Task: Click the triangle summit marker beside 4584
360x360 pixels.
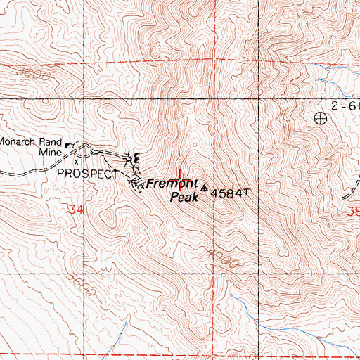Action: [205, 188]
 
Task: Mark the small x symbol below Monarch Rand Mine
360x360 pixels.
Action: [77, 161]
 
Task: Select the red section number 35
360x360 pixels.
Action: [352, 210]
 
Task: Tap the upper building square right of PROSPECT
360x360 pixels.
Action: [136, 156]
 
